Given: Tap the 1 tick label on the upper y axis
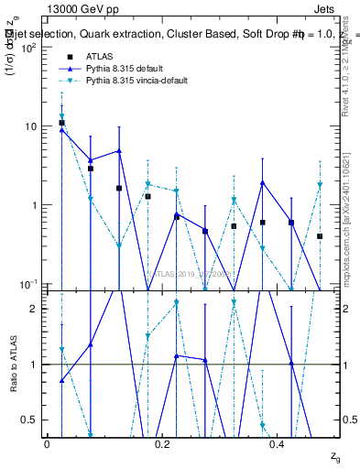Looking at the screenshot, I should point(37,204).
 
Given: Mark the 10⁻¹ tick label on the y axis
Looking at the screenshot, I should point(31,283).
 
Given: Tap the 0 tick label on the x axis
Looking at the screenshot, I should point(47,443).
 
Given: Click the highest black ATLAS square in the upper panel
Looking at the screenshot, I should point(61,123).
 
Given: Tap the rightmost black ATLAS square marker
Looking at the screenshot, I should point(320,235).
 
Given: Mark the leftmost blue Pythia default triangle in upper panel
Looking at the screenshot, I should point(61,130).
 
